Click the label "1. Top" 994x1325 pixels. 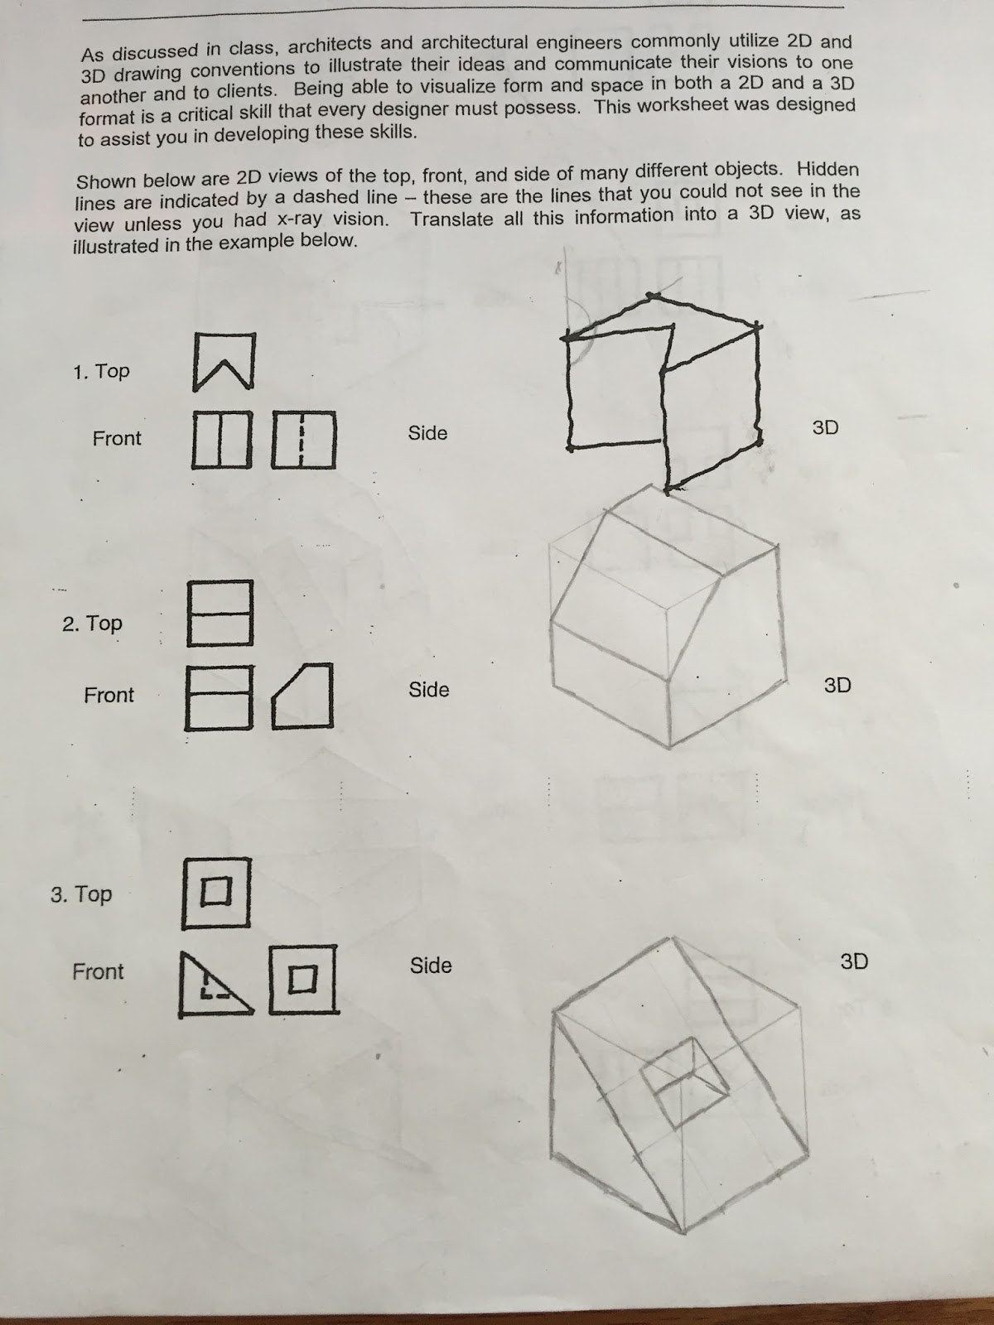tap(101, 371)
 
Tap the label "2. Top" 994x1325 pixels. tap(92, 623)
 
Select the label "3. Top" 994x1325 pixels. tap(81, 894)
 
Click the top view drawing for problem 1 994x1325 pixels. tap(224, 362)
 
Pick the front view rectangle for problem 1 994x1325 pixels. tap(222, 440)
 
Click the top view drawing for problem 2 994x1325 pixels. tap(220, 613)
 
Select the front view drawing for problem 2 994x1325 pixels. tap(219, 697)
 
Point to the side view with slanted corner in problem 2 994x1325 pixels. tap(304, 696)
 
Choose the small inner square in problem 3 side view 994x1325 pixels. tap(302, 980)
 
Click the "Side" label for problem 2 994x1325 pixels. tap(429, 690)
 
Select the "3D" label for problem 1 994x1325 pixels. tap(825, 427)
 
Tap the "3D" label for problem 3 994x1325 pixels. tap(854, 961)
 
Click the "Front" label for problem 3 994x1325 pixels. tap(98, 971)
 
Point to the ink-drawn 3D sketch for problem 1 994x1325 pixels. tap(663, 389)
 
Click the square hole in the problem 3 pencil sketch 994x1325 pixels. tap(683, 1082)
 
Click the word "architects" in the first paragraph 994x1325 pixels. tap(328, 46)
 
